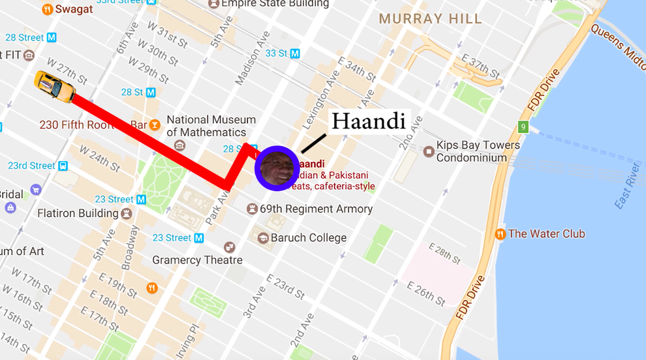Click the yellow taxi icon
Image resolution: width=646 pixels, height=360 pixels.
55,86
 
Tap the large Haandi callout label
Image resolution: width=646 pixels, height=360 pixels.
368,121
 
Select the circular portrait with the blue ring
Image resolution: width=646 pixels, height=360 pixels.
277,168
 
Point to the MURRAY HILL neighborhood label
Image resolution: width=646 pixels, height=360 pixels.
430,19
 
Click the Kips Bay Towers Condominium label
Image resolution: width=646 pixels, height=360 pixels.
478,151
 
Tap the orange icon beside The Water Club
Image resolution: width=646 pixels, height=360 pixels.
500,234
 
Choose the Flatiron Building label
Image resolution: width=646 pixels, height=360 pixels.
78,213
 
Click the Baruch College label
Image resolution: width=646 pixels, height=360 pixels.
308,237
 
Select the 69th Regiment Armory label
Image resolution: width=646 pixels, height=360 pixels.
316,209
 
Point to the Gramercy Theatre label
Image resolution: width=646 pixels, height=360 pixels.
197,260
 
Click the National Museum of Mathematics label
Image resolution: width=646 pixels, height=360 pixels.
211,126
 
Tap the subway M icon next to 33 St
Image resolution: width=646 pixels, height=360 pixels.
295,53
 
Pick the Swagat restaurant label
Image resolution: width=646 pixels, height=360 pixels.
74,9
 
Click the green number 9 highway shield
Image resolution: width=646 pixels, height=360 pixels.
523,127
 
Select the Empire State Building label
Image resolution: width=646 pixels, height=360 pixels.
275,4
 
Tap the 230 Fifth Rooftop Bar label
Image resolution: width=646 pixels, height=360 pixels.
93,125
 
